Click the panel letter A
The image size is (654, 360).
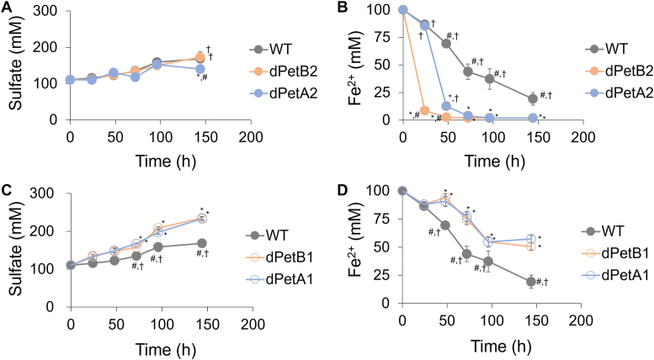coord(8,8)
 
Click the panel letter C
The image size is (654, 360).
coord(8,187)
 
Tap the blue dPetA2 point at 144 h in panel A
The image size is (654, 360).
coord(199,69)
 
